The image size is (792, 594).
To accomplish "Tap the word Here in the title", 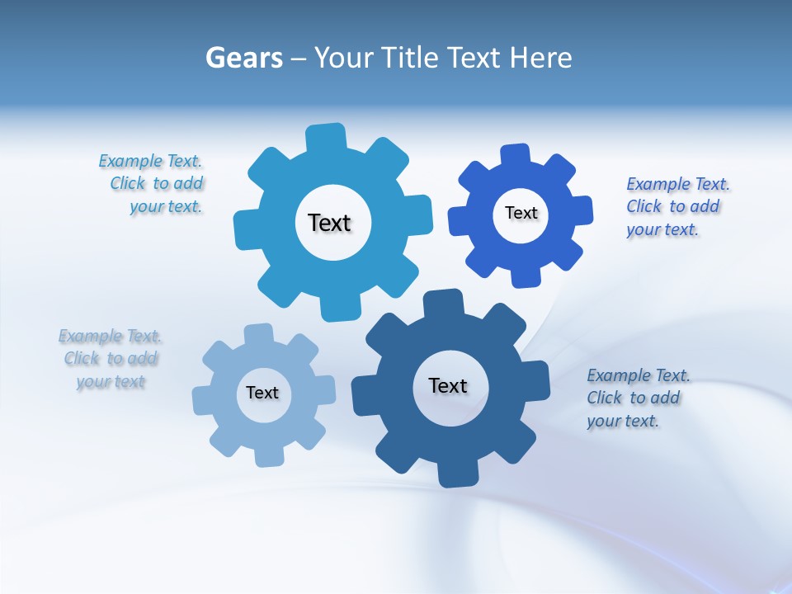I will pyautogui.click(x=540, y=58).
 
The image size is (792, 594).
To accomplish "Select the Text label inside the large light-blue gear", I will pyautogui.click(x=329, y=223).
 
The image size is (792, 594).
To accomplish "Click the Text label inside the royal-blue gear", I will pyautogui.click(x=521, y=213).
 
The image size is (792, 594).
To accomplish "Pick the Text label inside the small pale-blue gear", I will pyautogui.click(x=262, y=393).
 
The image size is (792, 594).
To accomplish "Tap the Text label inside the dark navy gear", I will pyautogui.click(x=448, y=385).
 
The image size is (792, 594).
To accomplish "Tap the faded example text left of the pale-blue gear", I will pyautogui.click(x=111, y=358).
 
